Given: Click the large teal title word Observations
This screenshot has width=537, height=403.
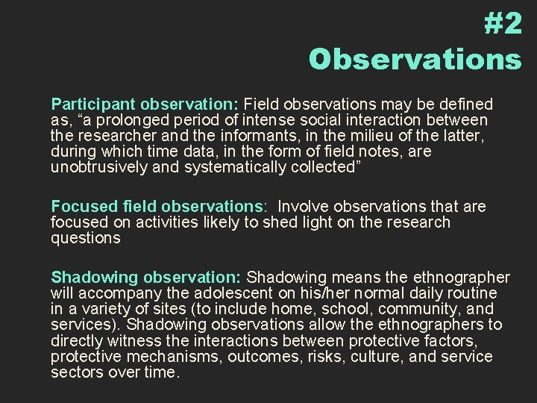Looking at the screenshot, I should (415, 60).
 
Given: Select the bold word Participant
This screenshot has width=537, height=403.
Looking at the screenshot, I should (87, 103).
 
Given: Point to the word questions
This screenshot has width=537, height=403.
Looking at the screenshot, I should (84, 237).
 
